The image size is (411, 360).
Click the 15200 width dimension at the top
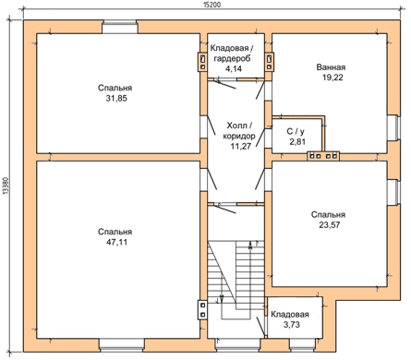[212, 6]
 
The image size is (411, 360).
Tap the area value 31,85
[116, 99]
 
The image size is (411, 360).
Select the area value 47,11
[116, 243]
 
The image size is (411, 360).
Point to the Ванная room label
[331, 67]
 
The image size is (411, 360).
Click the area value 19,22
[332, 78]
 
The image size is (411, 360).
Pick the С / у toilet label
[296, 132]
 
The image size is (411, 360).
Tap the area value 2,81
[296, 142]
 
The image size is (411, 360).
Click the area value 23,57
[330, 225]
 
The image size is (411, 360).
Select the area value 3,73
[291, 325]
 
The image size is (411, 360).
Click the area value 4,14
[234, 69]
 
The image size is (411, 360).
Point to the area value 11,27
[241, 146]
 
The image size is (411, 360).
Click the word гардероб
[232, 59]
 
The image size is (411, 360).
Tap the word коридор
[239, 136]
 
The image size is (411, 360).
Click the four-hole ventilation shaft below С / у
[323, 156]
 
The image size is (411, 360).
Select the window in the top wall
[120, 27]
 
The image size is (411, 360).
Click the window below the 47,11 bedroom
[122, 345]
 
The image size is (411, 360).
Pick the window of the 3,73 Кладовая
[302, 345]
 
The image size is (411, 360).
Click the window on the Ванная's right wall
[393, 127]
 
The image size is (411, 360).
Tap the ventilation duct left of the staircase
[202, 310]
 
